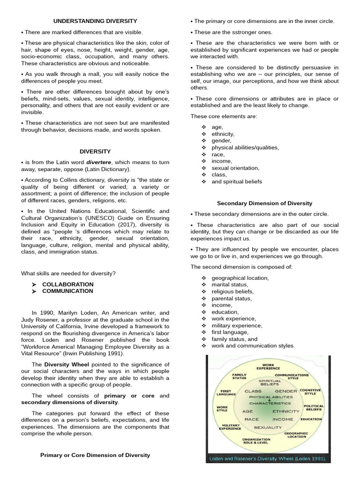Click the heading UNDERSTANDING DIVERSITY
95,21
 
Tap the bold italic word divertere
99,162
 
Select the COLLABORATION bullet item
67,284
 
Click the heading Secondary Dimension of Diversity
264,203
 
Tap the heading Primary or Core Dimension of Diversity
95,455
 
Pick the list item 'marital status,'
230,285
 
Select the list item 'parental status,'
232,298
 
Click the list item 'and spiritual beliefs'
237,181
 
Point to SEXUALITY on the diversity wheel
268,427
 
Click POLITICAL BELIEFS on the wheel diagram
314,408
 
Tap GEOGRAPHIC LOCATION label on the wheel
296,435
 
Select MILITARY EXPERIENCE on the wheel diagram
230,427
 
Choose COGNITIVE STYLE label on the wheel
310,391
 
